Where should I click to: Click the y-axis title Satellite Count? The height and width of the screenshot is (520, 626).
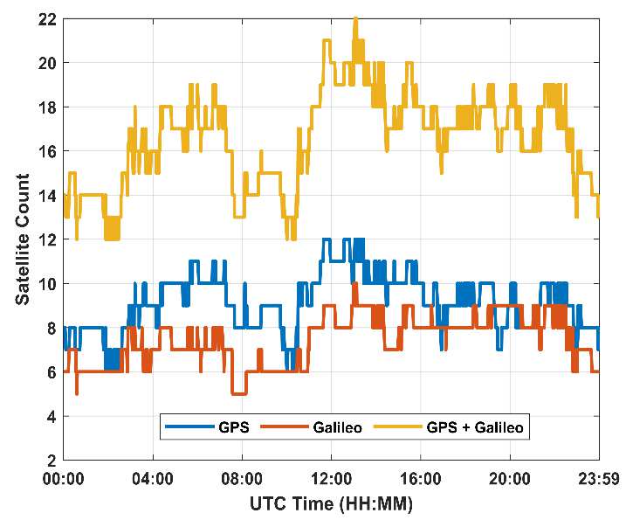22,239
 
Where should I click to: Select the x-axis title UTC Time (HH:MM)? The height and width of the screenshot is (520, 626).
332,503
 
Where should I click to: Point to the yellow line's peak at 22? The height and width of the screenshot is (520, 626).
355,18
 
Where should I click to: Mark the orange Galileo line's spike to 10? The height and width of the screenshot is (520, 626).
354,284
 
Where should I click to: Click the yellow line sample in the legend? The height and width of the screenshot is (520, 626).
396,428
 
